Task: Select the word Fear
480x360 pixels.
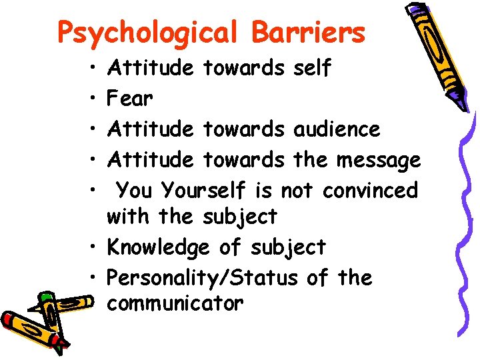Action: click(130, 99)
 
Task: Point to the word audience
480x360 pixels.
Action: click(346, 129)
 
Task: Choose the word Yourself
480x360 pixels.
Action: click(205, 191)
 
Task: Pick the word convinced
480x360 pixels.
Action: click(370, 190)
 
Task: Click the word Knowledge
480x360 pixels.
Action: click(158, 247)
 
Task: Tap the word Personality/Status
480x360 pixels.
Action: click(202, 277)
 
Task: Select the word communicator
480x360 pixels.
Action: click(175, 304)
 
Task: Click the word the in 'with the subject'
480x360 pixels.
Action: click(175, 217)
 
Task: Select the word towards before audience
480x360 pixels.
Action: click(243, 129)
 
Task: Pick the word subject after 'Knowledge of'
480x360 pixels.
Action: click(288, 247)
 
